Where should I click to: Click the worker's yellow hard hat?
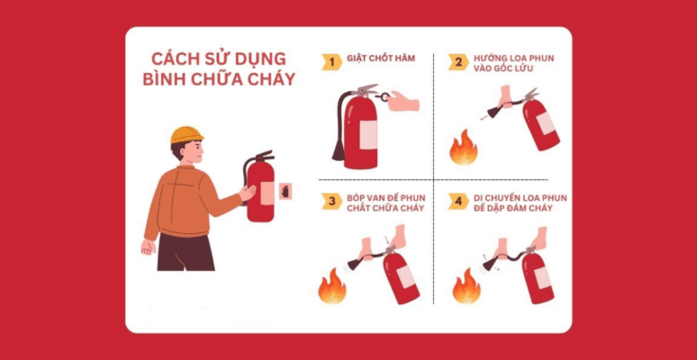(186, 134)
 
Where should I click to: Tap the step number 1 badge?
(332, 61)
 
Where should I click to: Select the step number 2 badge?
(458, 61)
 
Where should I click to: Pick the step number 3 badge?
(332, 200)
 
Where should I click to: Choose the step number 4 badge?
(458, 200)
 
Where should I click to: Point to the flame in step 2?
(464, 148)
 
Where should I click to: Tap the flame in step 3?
(331, 287)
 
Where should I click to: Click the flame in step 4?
(466, 287)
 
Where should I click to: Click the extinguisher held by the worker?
(260, 191)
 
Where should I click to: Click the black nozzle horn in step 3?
(355, 264)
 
